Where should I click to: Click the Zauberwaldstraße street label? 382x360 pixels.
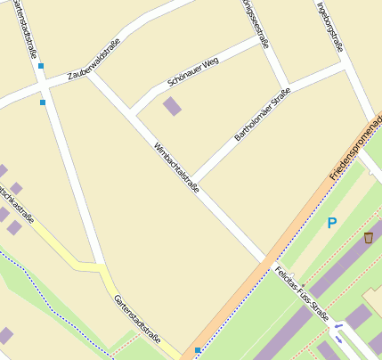click(x=93, y=62)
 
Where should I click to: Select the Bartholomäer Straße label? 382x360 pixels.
click(x=262, y=119)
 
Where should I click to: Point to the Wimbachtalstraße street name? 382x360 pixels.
click(x=175, y=167)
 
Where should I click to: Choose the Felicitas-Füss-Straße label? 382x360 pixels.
click(x=302, y=293)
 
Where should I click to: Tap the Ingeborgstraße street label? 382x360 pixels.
click(x=329, y=21)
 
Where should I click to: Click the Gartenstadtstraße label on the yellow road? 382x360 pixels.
click(x=136, y=319)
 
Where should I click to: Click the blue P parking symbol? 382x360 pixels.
click(x=332, y=224)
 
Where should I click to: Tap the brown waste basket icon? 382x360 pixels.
click(x=368, y=238)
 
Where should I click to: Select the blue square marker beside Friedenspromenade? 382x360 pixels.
click(x=197, y=350)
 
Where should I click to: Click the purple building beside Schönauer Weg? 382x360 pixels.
click(x=172, y=107)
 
